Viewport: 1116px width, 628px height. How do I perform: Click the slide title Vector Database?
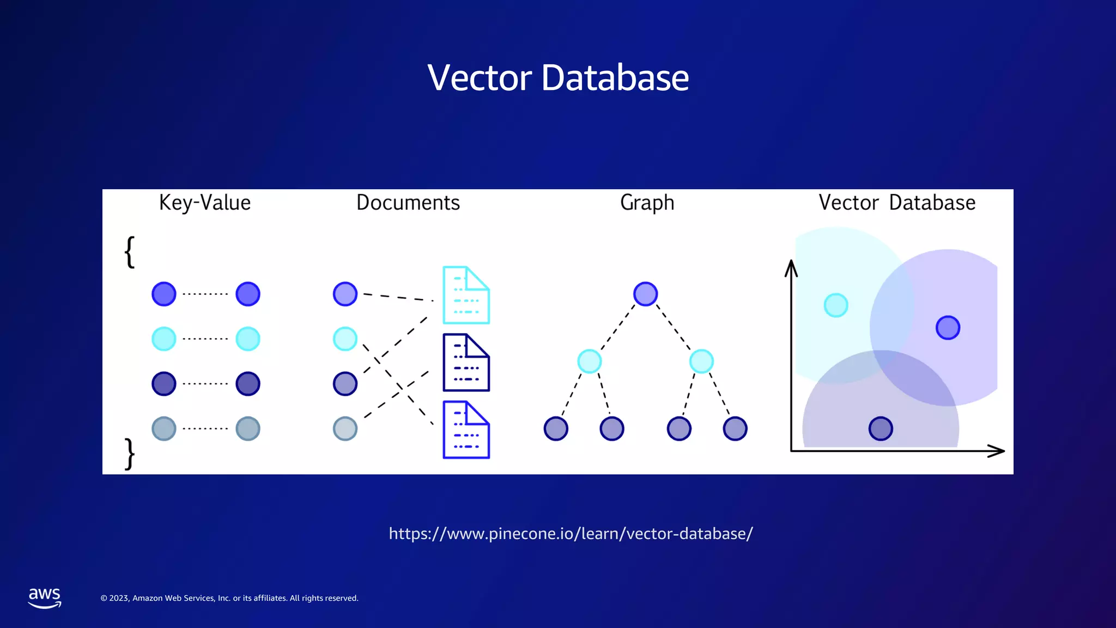(558, 77)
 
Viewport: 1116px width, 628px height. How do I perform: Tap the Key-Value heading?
(205, 203)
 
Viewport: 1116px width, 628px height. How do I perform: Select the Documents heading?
(408, 203)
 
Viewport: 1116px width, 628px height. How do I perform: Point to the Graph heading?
(647, 203)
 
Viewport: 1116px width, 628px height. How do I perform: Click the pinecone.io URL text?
(571, 533)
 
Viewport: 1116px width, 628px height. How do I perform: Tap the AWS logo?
(45, 597)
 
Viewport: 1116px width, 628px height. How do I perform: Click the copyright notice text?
(229, 598)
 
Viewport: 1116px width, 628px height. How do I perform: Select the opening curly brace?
(130, 252)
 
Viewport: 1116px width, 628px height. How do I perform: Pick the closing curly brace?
(130, 454)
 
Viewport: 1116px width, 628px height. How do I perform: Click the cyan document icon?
(466, 295)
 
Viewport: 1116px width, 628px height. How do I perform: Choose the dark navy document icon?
(466, 363)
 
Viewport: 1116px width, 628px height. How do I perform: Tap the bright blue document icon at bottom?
(466, 430)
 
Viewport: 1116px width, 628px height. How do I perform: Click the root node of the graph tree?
(645, 294)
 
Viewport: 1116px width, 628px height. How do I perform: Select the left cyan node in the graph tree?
(589, 361)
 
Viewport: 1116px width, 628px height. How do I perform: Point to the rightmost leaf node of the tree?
(735, 428)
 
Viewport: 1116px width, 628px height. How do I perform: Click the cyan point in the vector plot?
(836, 305)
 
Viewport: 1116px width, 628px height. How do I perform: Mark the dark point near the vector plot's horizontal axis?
(881, 428)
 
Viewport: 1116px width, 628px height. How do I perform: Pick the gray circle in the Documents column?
(345, 428)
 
